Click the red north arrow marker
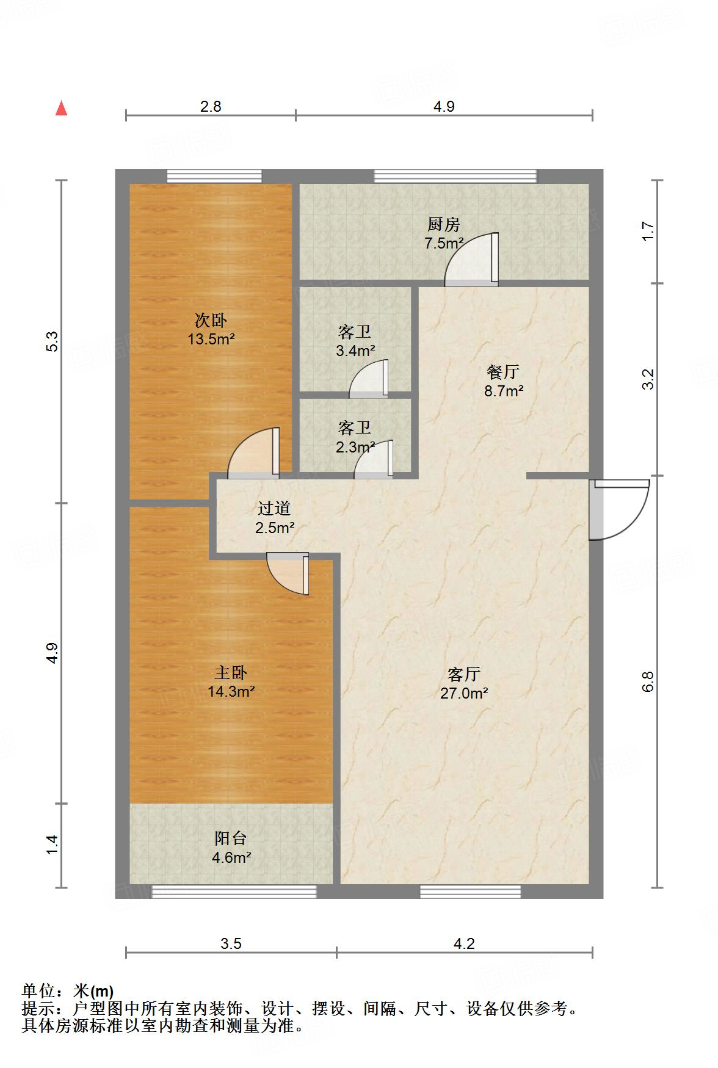[x=61, y=108]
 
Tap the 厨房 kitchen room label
[x=443, y=225]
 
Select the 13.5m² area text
[x=211, y=339]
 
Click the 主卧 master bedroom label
[x=231, y=673]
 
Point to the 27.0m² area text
[x=464, y=693]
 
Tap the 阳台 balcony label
[x=231, y=838]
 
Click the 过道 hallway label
[x=274, y=508]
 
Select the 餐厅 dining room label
[x=503, y=371]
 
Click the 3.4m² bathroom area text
[x=355, y=351]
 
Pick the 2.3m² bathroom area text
[x=354, y=447]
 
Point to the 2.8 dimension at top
[x=211, y=106]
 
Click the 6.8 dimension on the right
[x=648, y=681]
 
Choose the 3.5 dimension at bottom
[x=231, y=943]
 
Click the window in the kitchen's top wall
[x=455, y=176]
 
